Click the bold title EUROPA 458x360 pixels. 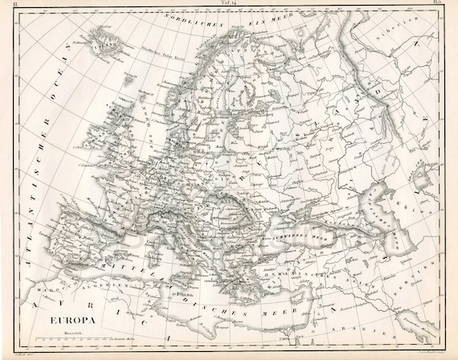[72, 321]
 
